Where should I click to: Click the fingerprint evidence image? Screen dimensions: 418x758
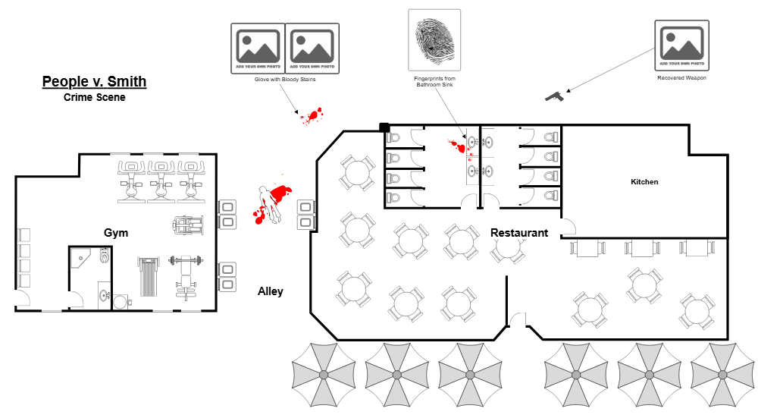tap(434, 39)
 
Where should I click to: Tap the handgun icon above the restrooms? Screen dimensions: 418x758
tap(555, 96)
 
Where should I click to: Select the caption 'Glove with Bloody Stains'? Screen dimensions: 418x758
tap(285, 79)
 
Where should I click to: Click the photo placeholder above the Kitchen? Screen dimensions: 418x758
tap(682, 45)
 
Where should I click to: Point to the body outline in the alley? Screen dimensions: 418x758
tap(268, 203)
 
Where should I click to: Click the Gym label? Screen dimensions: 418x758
tap(116, 233)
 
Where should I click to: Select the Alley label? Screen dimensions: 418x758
tap(271, 291)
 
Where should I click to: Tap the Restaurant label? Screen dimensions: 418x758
tap(519, 233)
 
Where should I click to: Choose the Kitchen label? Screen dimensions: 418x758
tap(644, 182)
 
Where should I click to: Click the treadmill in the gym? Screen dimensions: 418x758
tap(149, 276)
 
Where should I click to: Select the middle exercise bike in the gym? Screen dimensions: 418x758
tap(161, 181)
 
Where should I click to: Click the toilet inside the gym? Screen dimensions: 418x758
tap(105, 256)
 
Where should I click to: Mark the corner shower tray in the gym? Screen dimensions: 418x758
tap(80, 258)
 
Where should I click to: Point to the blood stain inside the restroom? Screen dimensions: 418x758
tap(458, 146)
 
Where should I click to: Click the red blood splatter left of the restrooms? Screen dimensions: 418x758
tap(312, 115)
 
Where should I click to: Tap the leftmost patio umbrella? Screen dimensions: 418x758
tap(324, 374)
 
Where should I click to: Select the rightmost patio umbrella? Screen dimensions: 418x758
tap(722, 374)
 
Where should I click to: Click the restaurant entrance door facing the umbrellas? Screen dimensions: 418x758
tap(518, 321)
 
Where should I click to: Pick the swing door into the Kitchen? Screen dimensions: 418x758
tap(567, 227)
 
